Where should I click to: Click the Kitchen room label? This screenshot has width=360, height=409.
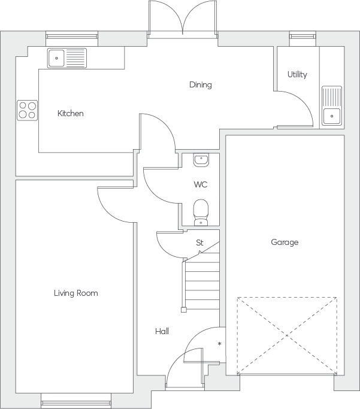(x=71, y=113)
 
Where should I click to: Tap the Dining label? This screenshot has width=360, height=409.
(x=200, y=85)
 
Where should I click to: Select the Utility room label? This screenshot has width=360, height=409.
(x=297, y=75)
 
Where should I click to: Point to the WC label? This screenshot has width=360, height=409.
(x=200, y=184)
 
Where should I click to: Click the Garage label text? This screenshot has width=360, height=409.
(x=285, y=243)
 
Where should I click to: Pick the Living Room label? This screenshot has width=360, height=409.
(x=76, y=293)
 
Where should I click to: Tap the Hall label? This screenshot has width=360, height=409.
(x=162, y=331)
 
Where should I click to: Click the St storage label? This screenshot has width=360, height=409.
(x=199, y=243)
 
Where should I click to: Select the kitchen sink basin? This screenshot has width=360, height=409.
(x=56, y=58)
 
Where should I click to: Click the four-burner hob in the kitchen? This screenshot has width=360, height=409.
(x=28, y=110)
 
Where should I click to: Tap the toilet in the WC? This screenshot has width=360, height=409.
(x=201, y=213)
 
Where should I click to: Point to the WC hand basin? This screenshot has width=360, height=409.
(x=201, y=160)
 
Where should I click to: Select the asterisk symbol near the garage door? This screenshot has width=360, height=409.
(x=220, y=344)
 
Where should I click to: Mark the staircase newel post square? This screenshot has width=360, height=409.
(x=184, y=310)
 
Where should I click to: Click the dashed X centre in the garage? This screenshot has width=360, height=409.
(x=287, y=335)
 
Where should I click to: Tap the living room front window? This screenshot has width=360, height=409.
(x=76, y=401)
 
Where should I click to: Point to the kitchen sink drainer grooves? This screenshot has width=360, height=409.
(x=75, y=58)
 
